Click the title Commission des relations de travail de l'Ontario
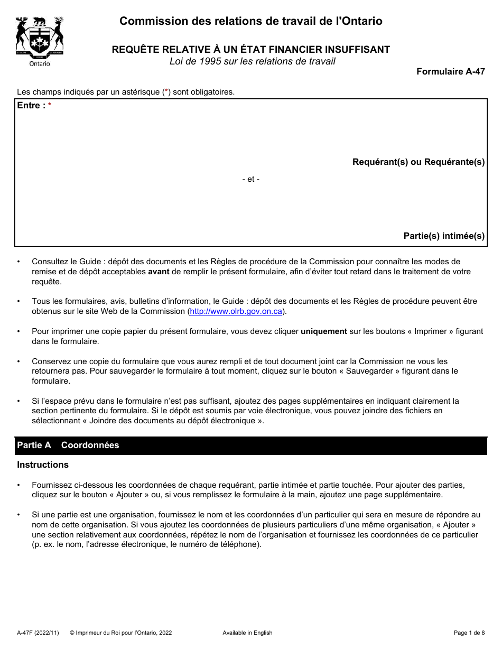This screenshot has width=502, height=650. pyautogui.click(x=250, y=21)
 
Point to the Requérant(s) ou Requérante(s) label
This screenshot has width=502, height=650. pyautogui.click(x=418, y=162)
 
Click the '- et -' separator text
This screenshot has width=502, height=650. pyautogui.click(x=250, y=179)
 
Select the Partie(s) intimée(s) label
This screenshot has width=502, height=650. pyautogui.click(x=444, y=236)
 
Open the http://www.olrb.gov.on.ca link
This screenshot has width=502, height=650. pyautogui.click(x=236, y=311)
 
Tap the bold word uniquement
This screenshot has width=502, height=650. pyautogui.click(x=323, y=331)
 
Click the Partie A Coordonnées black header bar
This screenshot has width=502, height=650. pyautogui.click(x=250, y=445)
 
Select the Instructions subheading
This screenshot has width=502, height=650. pyautogui.click(x=43, y=465)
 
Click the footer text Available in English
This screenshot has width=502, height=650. pyautogui.click(x=247, y=633)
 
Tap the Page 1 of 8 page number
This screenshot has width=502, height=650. pyautogui.click(x=469, y=633)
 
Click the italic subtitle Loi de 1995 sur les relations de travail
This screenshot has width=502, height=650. pyautogui.click(x=252, y=61)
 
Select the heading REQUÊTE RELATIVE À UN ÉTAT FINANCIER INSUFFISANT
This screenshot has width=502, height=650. pyautogui.click(x=250, y=50)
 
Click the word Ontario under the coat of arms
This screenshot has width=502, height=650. pyautogui.click(x=40, y=63)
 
